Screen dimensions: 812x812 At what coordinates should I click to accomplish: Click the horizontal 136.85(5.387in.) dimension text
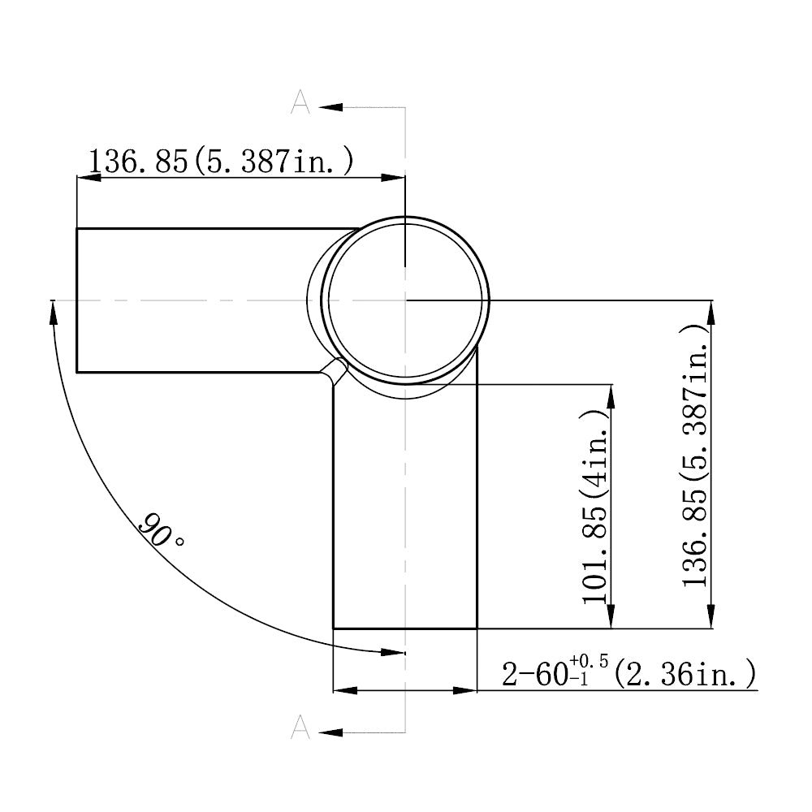pyautogui.click(x=221, y=161)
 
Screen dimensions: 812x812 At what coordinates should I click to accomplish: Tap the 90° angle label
pyautogui.click(x=160, y=532)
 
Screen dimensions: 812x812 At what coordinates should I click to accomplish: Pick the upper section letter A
pyautogui.click(x=300, y=101)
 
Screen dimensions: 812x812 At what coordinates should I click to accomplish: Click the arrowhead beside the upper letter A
pyautogui.click(x=331, y=106)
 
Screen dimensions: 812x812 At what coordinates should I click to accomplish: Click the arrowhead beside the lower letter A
pyautogui.click(x=331, y=732)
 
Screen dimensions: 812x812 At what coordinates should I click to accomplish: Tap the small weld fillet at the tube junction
pyautogui.click(x=335, y=373)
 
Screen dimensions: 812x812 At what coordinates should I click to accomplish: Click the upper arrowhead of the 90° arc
pyautogui.click(x=54, y=312)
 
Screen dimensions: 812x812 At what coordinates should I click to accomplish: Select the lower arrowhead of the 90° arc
pyautogui.click(x=392, y=651)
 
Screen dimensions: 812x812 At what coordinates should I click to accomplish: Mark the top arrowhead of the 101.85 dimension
pyautogui.click(x=609, y=395)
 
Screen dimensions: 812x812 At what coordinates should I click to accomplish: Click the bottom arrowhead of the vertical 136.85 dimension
pyautogui.click(x=711, y=616)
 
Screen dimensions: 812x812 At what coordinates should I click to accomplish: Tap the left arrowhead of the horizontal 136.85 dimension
pyautogui.click(x=88, y=177)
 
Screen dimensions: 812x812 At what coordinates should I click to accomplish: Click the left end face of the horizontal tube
pyautogui.click(x=76, y=300)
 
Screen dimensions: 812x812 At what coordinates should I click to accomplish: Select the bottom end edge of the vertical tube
pyautogui.click(x=404, y=628)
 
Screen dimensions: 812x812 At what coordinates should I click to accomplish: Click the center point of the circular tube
pyautogui.click(x=404, y=300)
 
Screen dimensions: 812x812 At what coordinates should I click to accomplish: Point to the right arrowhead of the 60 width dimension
pyautogui.click(x=464, y=690)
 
